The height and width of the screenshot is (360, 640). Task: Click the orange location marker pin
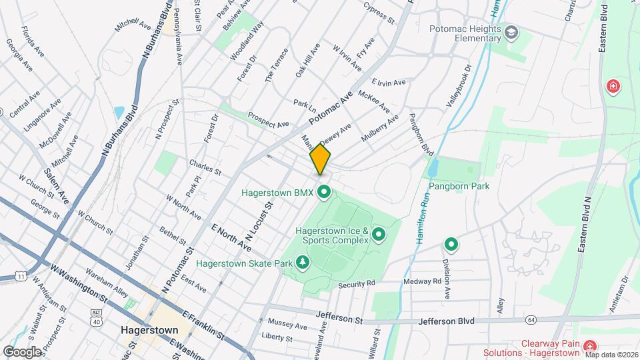coord(320,160)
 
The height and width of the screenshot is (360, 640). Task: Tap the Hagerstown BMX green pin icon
coord(325,193)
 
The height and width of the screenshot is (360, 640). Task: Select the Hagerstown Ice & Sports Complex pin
coord(379,234)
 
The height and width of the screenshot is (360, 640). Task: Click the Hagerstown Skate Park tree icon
coord(303,262)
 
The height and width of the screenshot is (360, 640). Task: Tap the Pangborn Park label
coord(459,186)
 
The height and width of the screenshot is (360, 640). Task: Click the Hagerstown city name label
coord(149,330)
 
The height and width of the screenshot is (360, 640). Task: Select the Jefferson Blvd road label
coord(447,321)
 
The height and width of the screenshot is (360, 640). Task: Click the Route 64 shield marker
coord(531,320)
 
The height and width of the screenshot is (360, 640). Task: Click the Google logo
coord(22,351)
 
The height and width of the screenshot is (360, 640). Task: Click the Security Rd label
coord(357,284)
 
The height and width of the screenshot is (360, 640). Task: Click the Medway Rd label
coord(423,281)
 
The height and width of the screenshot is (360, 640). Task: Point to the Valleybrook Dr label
coord(459,87)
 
